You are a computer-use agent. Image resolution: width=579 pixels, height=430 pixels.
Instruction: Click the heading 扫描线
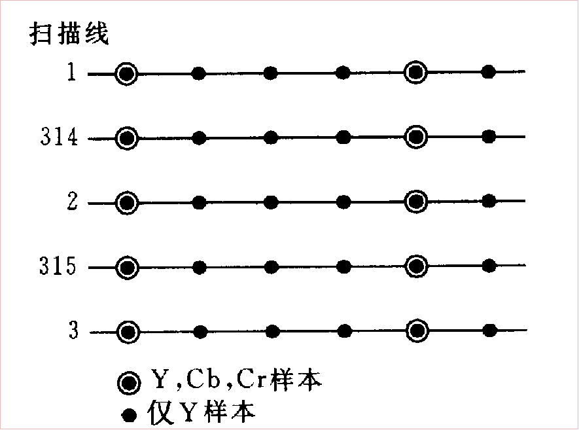click(69, 33)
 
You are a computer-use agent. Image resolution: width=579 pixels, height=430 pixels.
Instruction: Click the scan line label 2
click(73, 202)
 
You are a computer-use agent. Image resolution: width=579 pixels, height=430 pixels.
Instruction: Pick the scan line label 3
click(73, 331)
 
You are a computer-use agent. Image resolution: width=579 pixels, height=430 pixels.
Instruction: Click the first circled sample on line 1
click(127, 73)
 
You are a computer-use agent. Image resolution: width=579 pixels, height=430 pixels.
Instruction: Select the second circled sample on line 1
click(415, 72)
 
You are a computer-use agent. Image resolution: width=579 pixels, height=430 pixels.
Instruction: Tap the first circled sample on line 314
click(127, 138)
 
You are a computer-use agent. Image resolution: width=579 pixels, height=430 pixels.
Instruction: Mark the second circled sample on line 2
click(415, 202)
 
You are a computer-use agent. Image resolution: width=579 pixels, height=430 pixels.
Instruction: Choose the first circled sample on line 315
click(128, 267)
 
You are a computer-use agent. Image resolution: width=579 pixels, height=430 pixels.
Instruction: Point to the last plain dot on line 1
click(488, 71)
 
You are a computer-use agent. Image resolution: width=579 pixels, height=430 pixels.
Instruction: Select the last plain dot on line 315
click(489, 266)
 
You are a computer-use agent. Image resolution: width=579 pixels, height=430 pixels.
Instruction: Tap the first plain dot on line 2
click(200, 203)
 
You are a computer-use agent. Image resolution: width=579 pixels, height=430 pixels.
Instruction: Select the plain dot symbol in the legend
click(130, 414)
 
